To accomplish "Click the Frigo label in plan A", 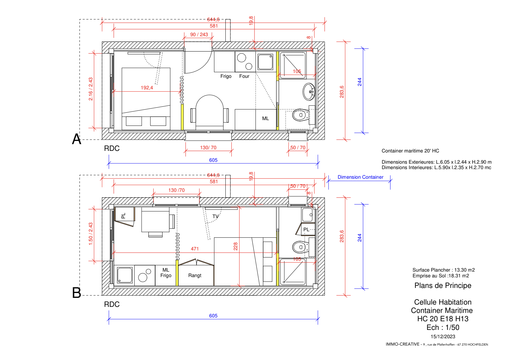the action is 226,76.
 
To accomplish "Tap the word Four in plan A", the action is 244,76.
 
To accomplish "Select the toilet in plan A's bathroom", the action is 301,115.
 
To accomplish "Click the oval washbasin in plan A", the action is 309,92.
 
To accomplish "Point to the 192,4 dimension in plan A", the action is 147,88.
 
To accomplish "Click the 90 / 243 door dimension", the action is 199,35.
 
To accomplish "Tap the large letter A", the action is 77,139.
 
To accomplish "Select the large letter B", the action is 77,293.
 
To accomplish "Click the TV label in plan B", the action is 215,216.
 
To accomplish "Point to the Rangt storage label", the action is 195,275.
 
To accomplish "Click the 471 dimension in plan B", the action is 195,249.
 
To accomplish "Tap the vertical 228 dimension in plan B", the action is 236,247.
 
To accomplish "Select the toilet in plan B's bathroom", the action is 301,247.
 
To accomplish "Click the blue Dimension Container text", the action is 360,177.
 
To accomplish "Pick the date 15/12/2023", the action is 443,337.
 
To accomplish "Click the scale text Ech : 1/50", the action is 443,327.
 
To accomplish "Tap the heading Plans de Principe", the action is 443,285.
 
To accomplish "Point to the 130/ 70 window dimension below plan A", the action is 208,148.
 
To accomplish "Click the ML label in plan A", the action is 265,119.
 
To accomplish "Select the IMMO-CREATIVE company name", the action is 402,344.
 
